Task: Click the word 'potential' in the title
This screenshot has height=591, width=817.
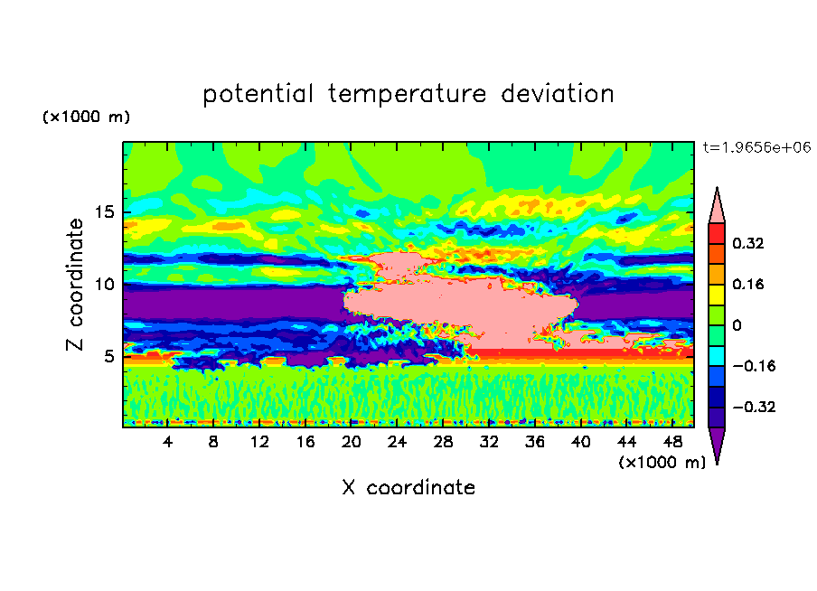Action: pyautogui.click(x=258, y=94)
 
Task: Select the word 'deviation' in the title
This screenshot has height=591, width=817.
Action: pyautogui.click(x=558, y=94)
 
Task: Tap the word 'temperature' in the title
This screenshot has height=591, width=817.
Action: pyautogui.click(x=408, y=95)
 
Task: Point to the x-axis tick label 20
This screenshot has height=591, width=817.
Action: pyautogui.click(x=352, y=442)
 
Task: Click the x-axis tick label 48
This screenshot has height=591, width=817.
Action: pyautogui.click(x=672, y=442)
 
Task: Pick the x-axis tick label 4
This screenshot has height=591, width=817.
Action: pyautogui.click(x=167, y=442)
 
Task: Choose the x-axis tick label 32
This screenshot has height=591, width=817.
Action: pyautogui.click(x=489, y=442)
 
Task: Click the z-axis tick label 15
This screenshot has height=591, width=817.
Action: pyautogui.click(x=104, y=212)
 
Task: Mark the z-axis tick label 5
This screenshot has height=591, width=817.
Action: pyautogui.click(x=108, y=356)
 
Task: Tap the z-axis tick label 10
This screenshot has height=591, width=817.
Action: pyautogui.click(x=104, y=285)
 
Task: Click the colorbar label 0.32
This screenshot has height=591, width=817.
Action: pyautogui.click(x=747, y=243)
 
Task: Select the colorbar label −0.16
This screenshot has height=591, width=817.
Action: pyautogui.click(x=754, y=366)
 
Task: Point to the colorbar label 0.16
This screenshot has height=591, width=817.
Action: pyautogui.click(x=747, y=284)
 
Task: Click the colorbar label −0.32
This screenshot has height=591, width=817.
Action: pyautogui.click(x=754, y=407)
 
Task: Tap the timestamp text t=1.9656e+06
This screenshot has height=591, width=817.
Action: pyautogui.click(x=757, y=147)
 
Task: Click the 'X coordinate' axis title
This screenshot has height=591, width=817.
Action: pyautogui.click(x=408, y=487)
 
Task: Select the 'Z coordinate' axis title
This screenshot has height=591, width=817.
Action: pyautogui.click(x=75, y=285)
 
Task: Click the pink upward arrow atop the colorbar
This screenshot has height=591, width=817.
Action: pyautogui.click(x=717, y=205)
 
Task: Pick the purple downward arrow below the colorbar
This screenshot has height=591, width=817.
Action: pyautogui.click(x=717, y=446)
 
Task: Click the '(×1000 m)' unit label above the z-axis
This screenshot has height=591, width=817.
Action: pyautogui.click(x=86, y=117)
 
